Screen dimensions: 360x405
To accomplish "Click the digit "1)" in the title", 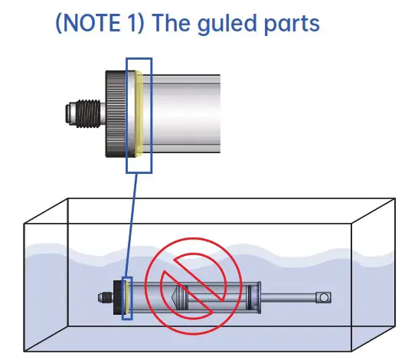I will tap(129, 23).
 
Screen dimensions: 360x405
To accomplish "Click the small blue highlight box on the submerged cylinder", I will tap(127, 298).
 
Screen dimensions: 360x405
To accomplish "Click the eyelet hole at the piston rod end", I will tap(324, 297).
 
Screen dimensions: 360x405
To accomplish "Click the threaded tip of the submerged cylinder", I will tap(104, 297).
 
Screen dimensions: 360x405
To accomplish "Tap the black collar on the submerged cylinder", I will tap(118, 297).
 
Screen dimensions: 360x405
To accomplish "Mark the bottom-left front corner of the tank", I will tap(24, 353).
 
